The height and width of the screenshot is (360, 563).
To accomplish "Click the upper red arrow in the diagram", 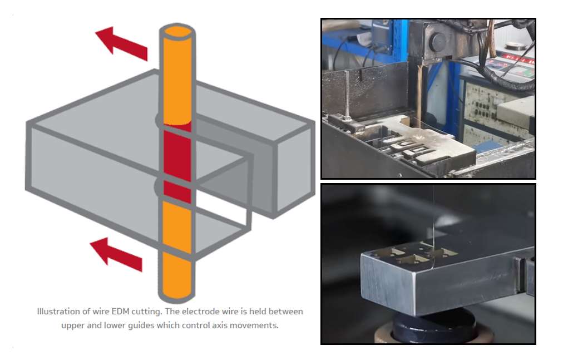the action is tap(121, 44).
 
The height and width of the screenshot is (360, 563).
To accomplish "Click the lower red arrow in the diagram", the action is tap(116, 254).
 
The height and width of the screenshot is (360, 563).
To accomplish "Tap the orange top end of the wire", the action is tap(177, 32).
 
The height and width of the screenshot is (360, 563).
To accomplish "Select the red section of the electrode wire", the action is tap(177, 162).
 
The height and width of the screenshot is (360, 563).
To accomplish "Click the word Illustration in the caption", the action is tap(59, 312).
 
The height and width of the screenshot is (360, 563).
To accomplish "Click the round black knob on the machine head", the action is tap(437, 42).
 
